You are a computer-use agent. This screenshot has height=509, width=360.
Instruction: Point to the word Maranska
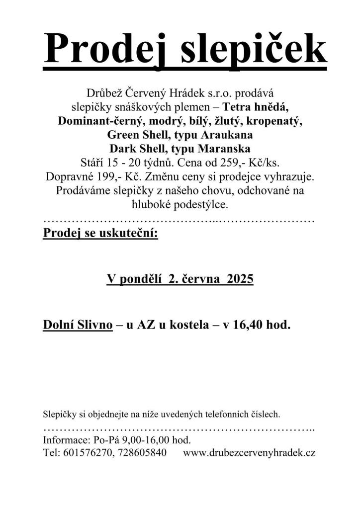[x=223, y=149]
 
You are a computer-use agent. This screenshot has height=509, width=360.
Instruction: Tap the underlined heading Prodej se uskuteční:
[x=100, y=233]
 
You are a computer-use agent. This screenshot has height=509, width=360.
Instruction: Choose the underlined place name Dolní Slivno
[x=78, y=325]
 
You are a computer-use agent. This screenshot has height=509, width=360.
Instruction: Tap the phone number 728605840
[x=142, y=453]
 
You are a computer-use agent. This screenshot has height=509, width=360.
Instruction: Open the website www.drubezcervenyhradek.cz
[x=249, y=453]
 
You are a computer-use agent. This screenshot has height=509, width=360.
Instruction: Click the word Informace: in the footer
[x=67, y=440]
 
